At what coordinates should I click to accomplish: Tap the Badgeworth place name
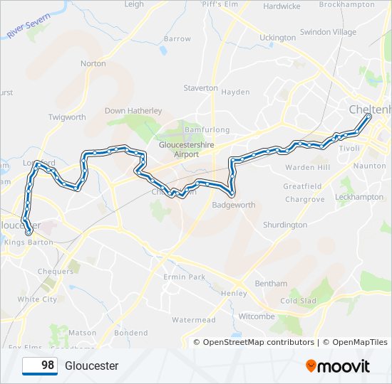click(x=234, y=205)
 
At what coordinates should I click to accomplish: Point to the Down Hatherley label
click(x=133, y=111)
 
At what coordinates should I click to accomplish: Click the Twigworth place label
click(x=67, y=117)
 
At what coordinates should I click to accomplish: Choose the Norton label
click(x=93, y=63)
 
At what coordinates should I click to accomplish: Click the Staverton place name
click(x=200, y=88)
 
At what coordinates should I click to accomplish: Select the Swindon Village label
click(x=328, y=32)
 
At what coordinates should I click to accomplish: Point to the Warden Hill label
click(x=308, y=167)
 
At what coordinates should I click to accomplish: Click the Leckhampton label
click(x=359, y=197)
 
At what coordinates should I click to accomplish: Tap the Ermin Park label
click(x=184, y=277)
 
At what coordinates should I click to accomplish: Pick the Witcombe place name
click(x=257, y=316)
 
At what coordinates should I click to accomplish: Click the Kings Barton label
click(x=29, y=242)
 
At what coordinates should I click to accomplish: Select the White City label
click(x=37, y=299)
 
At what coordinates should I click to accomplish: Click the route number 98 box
click(x=40, y=366)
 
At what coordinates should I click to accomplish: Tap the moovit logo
click(x=338, y=366)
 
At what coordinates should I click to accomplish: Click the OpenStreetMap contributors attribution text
click(x=258, y=342)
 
